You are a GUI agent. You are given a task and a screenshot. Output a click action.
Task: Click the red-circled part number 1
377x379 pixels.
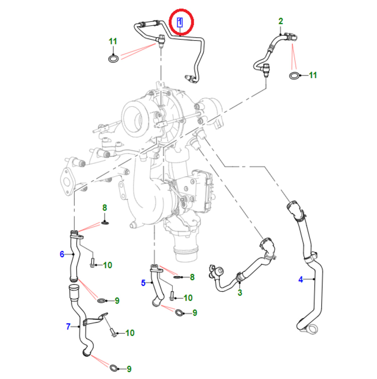[180, 22]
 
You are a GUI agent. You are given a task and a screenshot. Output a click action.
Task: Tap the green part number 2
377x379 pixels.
[281, 21]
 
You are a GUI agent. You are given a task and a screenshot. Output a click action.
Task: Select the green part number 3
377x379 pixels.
[240, 292]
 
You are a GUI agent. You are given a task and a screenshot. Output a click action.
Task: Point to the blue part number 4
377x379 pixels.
[301, 280]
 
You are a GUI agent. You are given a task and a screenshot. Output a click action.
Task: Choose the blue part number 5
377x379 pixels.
[143, 282]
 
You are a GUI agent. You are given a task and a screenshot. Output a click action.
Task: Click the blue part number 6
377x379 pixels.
[62, 254]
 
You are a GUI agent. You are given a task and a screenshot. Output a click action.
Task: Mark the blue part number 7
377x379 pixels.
[68, 327]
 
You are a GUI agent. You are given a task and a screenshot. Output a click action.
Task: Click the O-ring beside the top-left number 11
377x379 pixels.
[113, 59]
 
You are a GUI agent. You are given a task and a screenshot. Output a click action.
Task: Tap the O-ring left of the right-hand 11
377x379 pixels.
[295, 75]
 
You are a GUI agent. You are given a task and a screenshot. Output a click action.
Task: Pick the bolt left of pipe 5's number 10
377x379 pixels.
[172, 295]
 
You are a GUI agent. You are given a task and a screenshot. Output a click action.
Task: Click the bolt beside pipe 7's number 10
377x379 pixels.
[113, 332]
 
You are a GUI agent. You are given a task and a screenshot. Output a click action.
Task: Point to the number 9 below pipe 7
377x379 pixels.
[129, 369]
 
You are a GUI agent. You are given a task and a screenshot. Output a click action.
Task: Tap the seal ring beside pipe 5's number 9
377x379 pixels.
[179, 313]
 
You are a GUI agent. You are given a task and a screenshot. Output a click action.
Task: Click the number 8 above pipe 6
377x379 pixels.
[105, 208]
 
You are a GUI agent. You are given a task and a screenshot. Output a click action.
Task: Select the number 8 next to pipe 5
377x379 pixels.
[192, 277]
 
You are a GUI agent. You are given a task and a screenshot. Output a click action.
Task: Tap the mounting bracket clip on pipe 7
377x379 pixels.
[95, 321]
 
